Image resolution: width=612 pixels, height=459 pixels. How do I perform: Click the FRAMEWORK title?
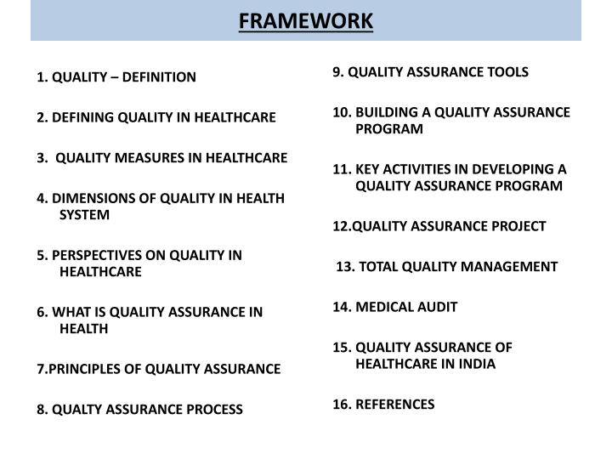(x=305, y=20)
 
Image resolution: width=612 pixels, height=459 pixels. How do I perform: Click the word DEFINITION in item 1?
(x=158, y=77)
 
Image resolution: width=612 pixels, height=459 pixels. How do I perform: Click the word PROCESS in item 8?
(x=212, y=409)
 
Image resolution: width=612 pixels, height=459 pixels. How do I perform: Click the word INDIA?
(x=475, y=364)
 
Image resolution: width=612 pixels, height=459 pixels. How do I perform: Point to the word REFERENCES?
(x=395, y=404)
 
